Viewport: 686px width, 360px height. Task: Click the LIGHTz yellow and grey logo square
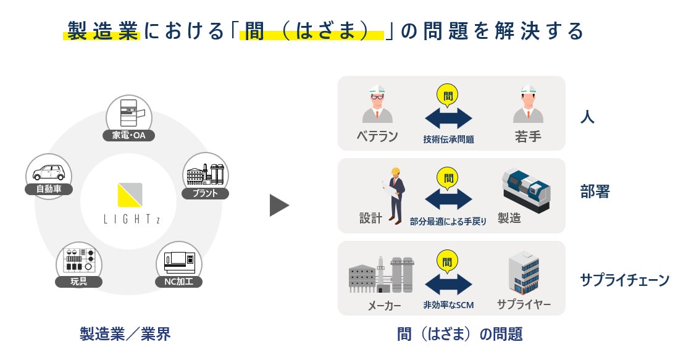coord(130,195)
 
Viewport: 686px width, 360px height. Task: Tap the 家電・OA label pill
coord(129,135)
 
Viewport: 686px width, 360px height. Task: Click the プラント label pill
coord(206,193)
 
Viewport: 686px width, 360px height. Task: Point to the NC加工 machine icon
coord(179,262)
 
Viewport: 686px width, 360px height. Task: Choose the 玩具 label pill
coord(78,282)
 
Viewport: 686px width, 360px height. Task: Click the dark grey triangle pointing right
coord(279,206)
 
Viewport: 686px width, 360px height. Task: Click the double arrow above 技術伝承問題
coord(448,118)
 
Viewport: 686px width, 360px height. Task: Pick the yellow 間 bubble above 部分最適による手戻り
coord(449,178)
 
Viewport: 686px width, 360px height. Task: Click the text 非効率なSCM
coord(448,305)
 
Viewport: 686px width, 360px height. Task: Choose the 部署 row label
coord(595,192)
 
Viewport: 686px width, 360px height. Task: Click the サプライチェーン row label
coord(624,280)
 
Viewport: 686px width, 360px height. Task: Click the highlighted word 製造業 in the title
coord(102,31)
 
